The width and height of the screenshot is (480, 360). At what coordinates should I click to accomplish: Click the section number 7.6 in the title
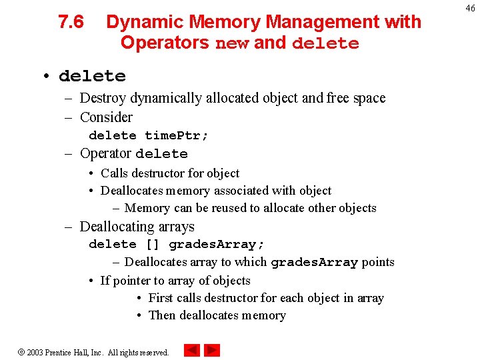coord(71,23)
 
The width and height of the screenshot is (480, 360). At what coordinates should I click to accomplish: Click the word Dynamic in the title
coord(145,23)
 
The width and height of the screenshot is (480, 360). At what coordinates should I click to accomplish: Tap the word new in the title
coord(232,43)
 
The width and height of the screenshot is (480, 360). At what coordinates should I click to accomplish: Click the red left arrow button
coord(192,350)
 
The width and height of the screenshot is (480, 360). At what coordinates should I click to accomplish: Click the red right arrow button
coord(212,350)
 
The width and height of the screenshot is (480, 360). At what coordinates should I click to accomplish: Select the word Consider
coord(106,117)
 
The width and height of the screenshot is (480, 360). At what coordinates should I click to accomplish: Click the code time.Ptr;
coord(177,135)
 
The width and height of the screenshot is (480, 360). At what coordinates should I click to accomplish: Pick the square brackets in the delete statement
coord(152,244)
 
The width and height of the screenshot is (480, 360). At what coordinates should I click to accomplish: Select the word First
coord(161,298)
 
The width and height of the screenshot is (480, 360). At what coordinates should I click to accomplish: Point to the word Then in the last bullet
coord(162,315)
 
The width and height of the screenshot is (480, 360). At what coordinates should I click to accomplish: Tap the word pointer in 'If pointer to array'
coord(133,281)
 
